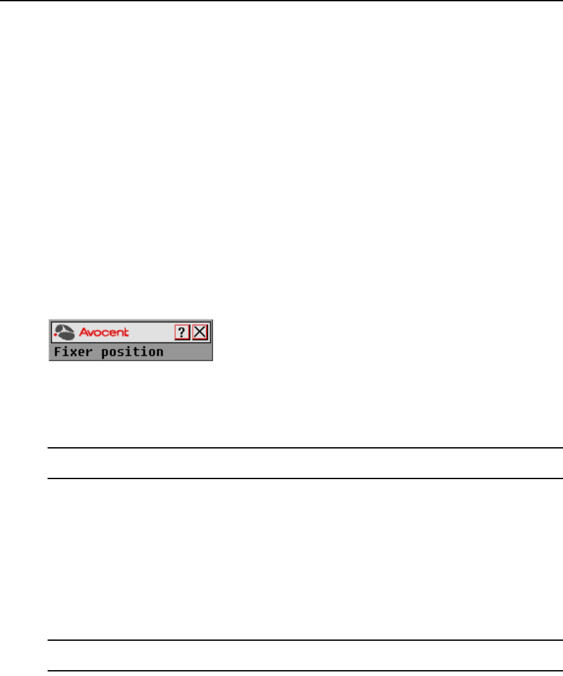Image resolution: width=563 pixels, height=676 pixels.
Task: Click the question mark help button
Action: pos(182,332)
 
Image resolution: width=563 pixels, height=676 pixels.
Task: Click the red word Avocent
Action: pos(104,332)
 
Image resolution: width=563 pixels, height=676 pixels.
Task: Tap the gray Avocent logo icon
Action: pos(65,332)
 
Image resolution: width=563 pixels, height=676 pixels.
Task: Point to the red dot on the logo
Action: pos(55,334)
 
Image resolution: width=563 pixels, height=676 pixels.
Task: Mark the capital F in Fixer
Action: pos(57,352)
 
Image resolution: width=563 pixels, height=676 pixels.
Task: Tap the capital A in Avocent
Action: pos(83,332)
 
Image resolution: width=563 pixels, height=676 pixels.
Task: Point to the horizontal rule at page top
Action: pos(281,1)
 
